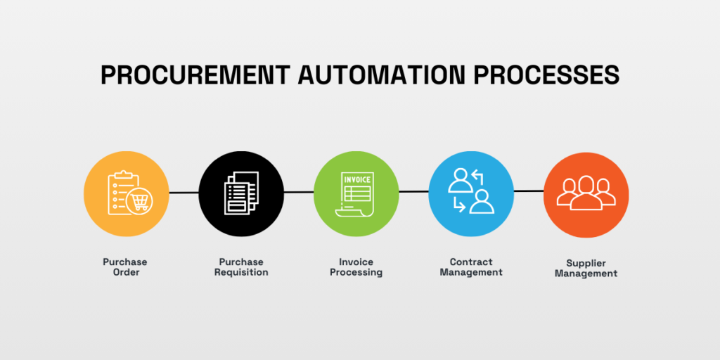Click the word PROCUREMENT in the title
click(195, 75)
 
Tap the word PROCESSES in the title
click(546, 75)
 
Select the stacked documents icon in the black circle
click(241, 193)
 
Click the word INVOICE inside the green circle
click(356, 179)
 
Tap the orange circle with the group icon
click(586, 195)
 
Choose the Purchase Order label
click(125, 267)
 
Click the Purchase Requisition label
click(241, 267)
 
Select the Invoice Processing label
click(356, 267)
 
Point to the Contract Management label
click(471, 267)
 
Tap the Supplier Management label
click(586, 269)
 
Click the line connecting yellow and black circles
click(184, 193)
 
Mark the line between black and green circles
click(298, 193)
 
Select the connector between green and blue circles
click(413, 191)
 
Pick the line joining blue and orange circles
click(529, 191)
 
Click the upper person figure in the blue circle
click(461, 181)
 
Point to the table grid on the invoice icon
click(358, 193)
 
